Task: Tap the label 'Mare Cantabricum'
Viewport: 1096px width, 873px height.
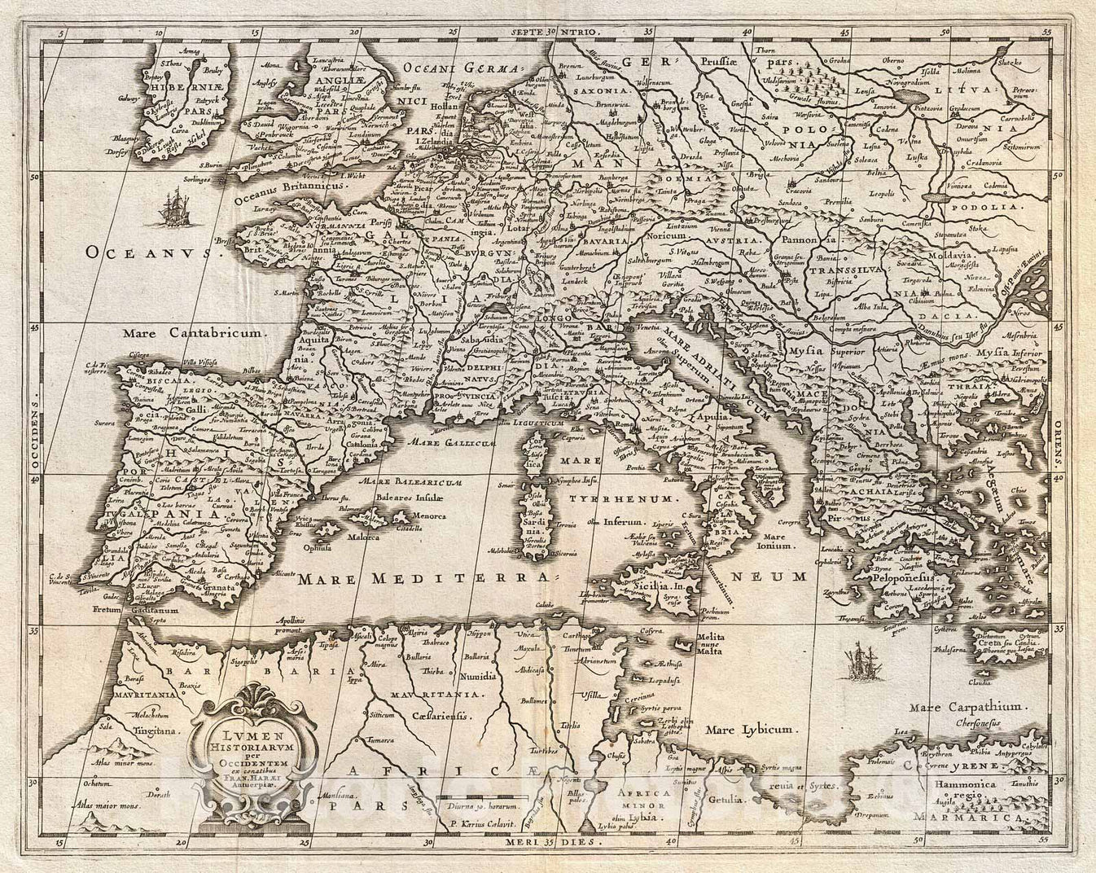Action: click(x=191, y=333)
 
